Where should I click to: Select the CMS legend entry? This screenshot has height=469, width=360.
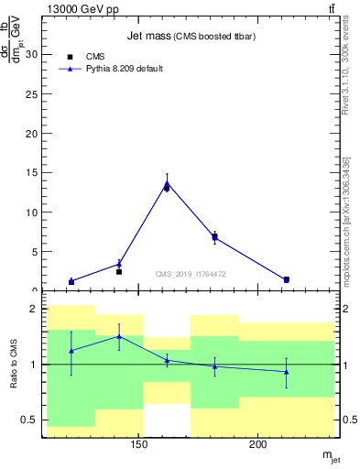tap(95, 57)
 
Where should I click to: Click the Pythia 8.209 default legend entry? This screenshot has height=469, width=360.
tap(124, 69)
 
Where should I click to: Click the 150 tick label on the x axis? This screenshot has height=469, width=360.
tap(139, 445)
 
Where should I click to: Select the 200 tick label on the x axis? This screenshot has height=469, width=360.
tap(258, 445)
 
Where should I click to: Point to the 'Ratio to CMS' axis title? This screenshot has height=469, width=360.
tap(14, 365)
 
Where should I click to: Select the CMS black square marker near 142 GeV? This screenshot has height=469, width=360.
tap(119, 271)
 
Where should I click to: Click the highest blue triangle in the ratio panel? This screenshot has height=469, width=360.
tap(119, 336)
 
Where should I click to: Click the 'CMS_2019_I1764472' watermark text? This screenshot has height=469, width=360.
tap(190, 273)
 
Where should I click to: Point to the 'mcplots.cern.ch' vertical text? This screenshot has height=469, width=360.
tap(346, 224)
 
